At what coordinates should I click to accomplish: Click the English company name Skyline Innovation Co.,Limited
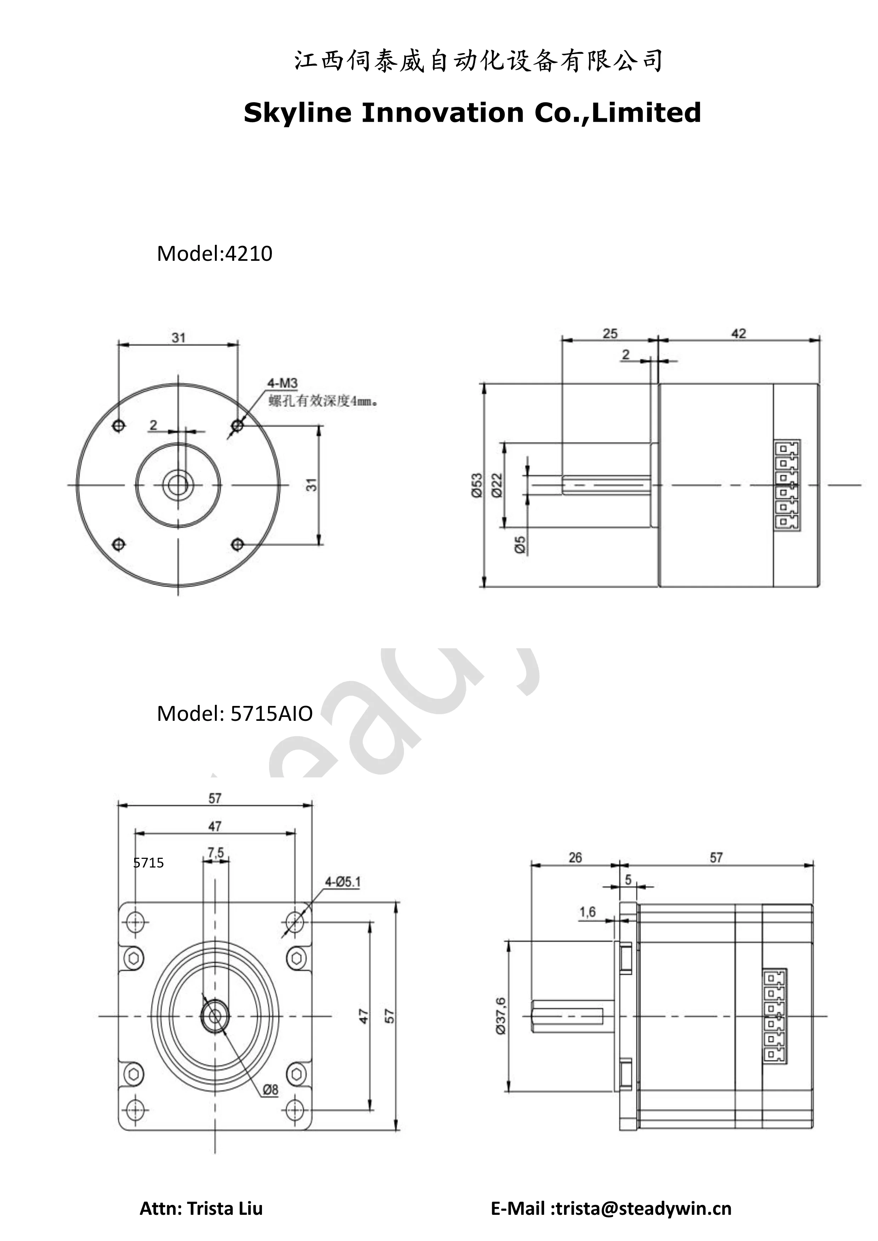click(x=472, y=113)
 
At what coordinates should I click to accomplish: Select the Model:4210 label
click(x=215, y=253)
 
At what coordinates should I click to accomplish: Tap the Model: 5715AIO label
click(x=235, y=713)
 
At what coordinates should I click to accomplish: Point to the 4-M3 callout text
click(x=282, y=383)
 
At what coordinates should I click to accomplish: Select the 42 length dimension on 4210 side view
click(x=739, y=333)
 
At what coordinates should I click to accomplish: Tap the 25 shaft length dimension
click(x=610, y=333)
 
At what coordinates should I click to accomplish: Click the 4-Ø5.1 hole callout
click(x=342, y=882)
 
